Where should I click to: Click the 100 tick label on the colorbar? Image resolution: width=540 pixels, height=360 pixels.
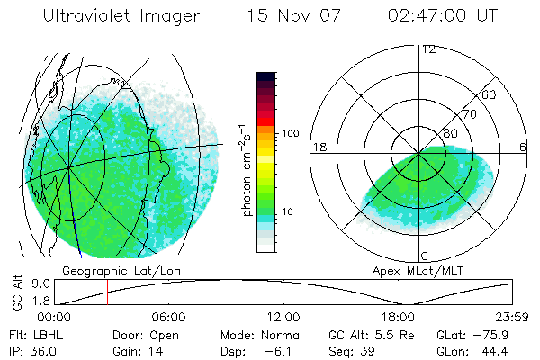click(x=290, y=133)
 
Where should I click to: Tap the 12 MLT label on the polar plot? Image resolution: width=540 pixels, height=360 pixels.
click(x=428, y=49)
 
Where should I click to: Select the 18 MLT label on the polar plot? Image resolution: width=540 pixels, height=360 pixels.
click(x=318, y=147)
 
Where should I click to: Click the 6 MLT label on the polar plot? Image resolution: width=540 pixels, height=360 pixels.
click(x=523, y=147)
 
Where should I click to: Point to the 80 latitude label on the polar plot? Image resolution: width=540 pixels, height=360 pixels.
click(x=450, y=134)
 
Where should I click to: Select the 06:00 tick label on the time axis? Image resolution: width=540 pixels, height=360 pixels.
click(x=168, y=317)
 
